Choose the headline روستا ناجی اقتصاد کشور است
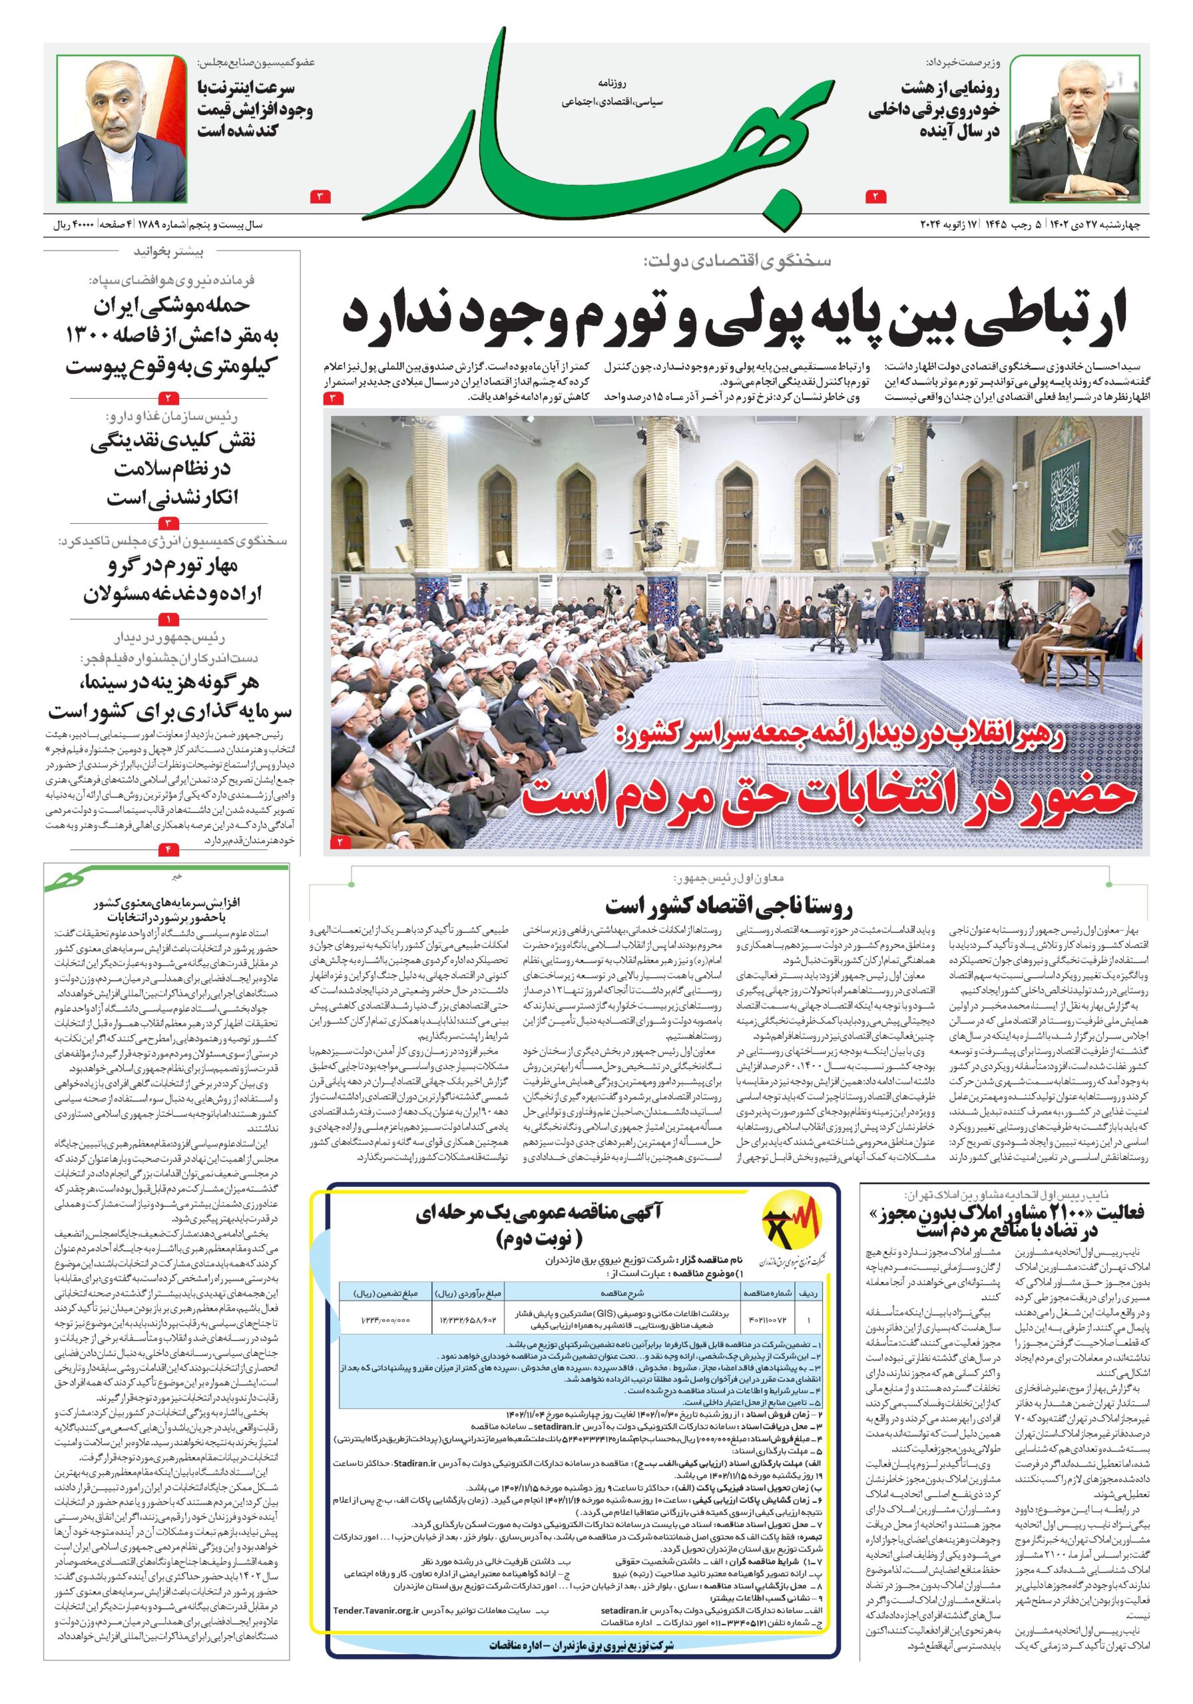(x=729, y=906)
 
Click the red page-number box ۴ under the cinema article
(x=168, y=847)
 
